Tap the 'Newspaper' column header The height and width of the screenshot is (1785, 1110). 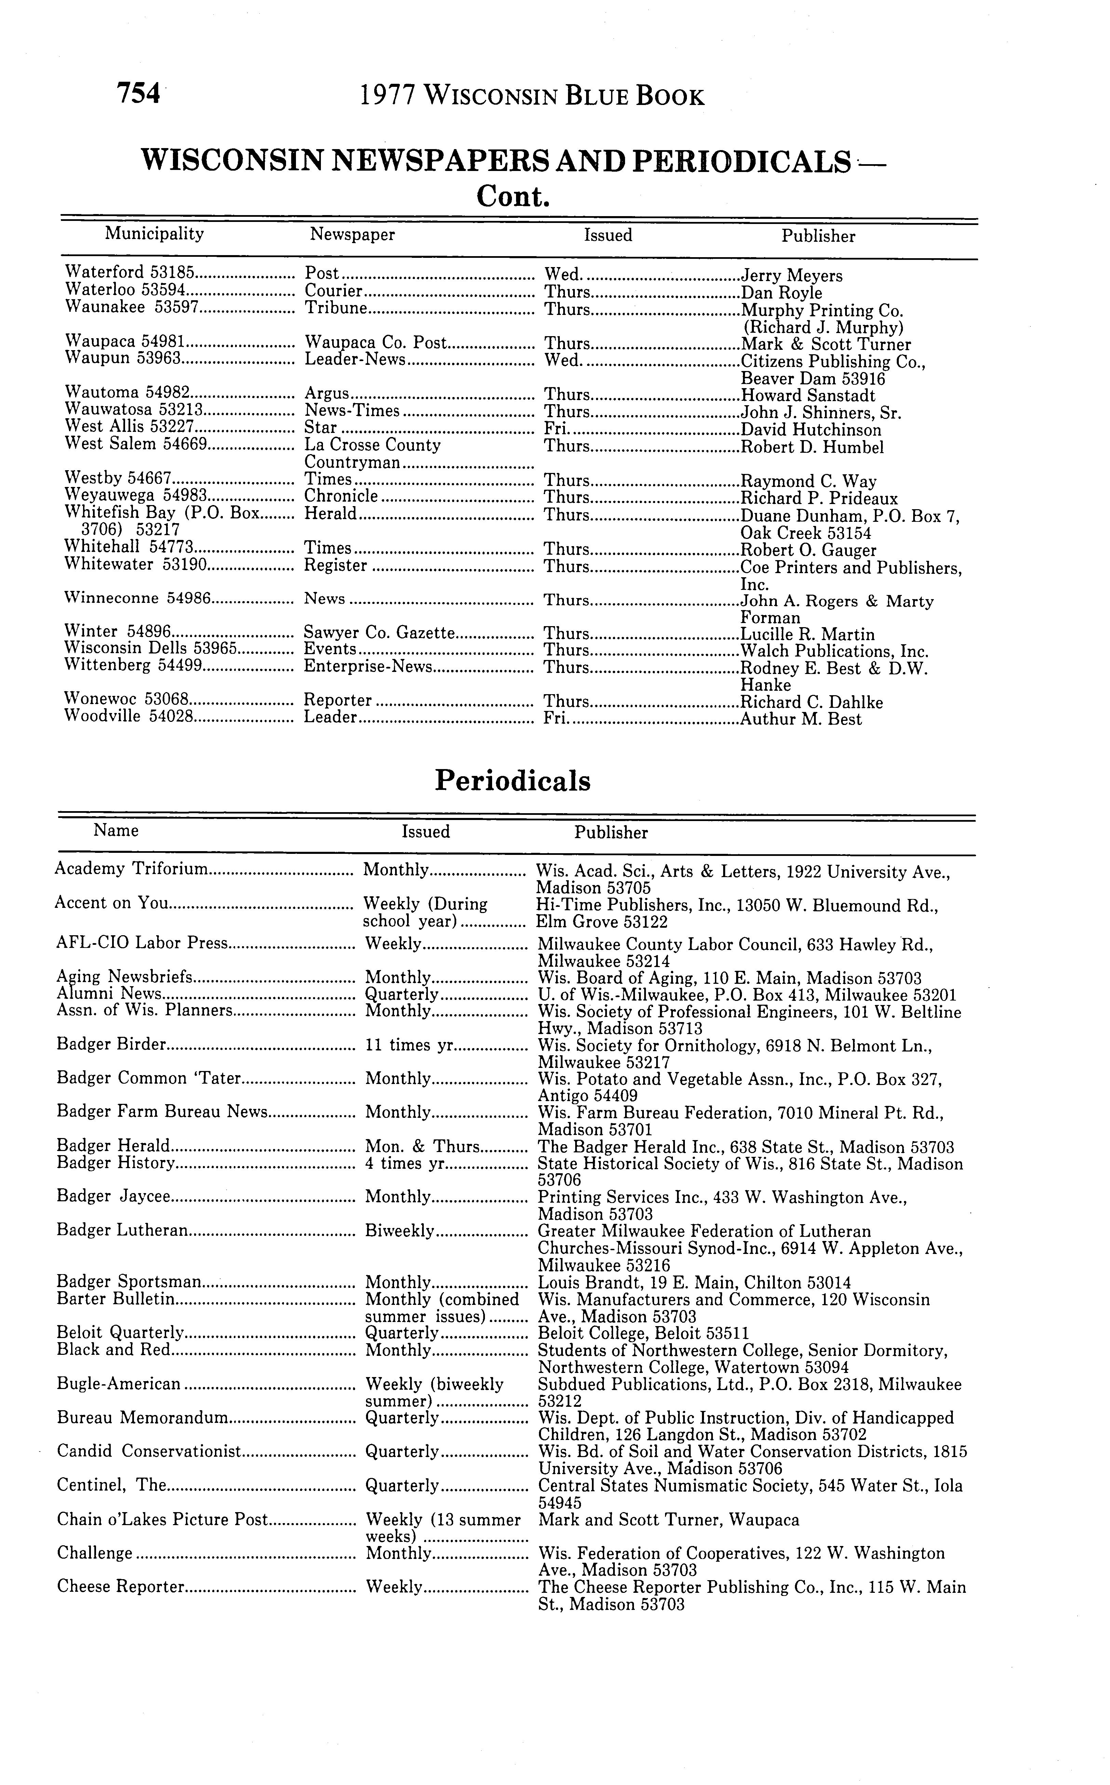[x=352, y=234]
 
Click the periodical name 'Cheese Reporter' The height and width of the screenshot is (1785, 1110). [x=120, y=1587]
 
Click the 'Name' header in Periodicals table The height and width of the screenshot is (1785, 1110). [x=116, y=831]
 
